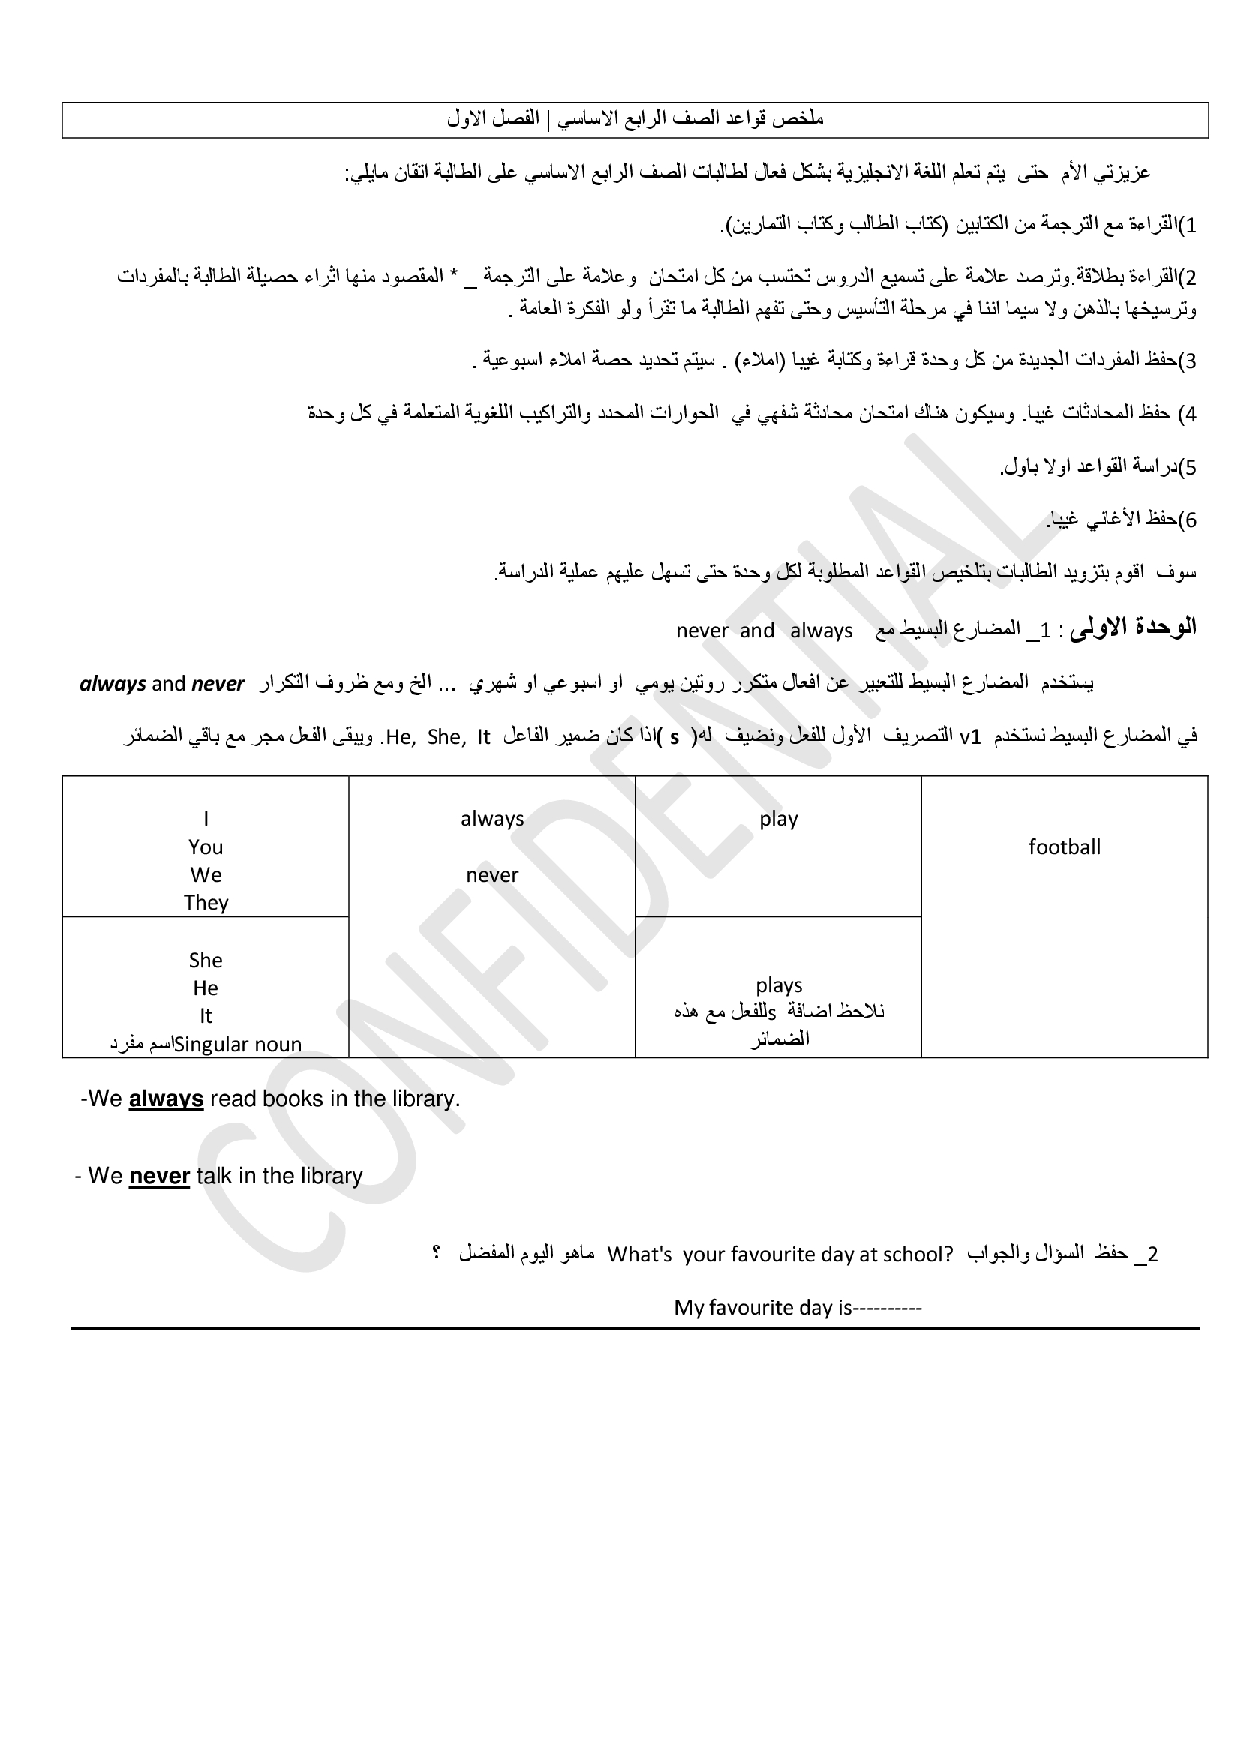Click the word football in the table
1064,847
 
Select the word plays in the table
779,985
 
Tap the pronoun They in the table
206,903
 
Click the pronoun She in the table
206,961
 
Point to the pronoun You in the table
206,847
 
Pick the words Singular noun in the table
238,1045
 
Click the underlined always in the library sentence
166,1099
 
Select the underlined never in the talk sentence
159,1176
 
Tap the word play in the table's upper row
779,820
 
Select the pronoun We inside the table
206,875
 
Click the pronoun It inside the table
206,1016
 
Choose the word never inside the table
492,875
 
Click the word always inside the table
492,819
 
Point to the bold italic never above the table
218,684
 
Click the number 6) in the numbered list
1187,520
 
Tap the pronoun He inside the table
206,988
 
